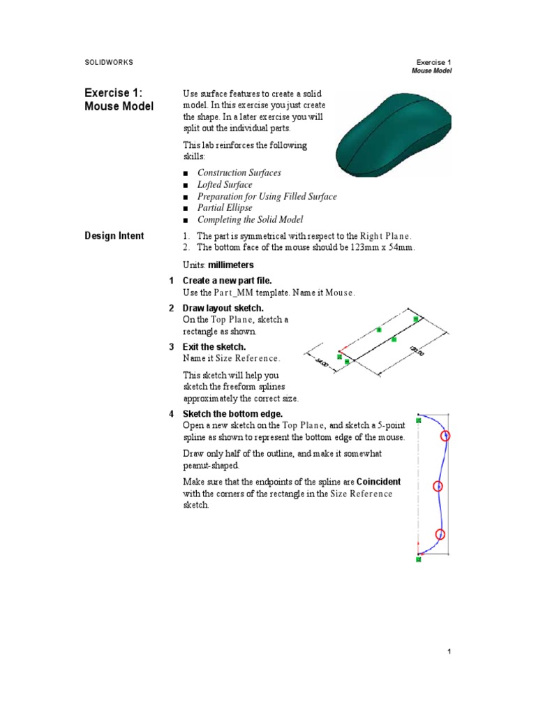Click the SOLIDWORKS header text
(x=108, y=62)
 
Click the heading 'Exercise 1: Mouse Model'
(x=119, y=99)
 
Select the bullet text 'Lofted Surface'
(x=225, y=185)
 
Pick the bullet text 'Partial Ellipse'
(x=225, y=208)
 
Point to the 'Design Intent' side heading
(x=114, y=236)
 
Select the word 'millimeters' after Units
(x=231, y=265)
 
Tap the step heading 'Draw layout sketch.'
(x=223, y=308)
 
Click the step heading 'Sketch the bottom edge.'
(x=230, y=414)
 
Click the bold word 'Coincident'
(x=378, y=482)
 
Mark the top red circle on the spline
(x=446, y=436)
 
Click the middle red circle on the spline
(x=438, y=487)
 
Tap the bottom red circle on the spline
(x=440, y=535)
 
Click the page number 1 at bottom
(x=450, y=651)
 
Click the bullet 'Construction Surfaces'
(x=239, y=173)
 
